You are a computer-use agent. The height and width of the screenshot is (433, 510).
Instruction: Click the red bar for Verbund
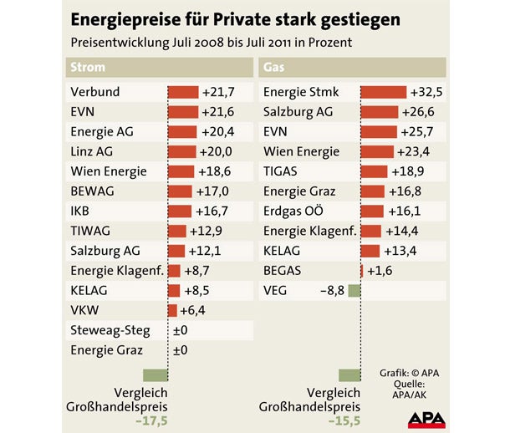coord(183,92)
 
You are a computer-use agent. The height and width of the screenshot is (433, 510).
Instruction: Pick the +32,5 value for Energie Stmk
coord(426,92)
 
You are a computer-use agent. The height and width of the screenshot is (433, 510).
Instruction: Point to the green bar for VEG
coord(354,291)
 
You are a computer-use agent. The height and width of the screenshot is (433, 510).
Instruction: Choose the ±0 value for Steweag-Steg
coord(180,331)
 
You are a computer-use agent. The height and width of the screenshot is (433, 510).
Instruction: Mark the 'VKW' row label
coord(84,311)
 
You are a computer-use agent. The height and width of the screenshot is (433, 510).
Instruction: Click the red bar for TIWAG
coord(177,232)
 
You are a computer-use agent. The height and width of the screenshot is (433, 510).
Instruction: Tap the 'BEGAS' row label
coord(283,271)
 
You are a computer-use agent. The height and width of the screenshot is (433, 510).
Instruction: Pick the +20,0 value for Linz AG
coord(215,151)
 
